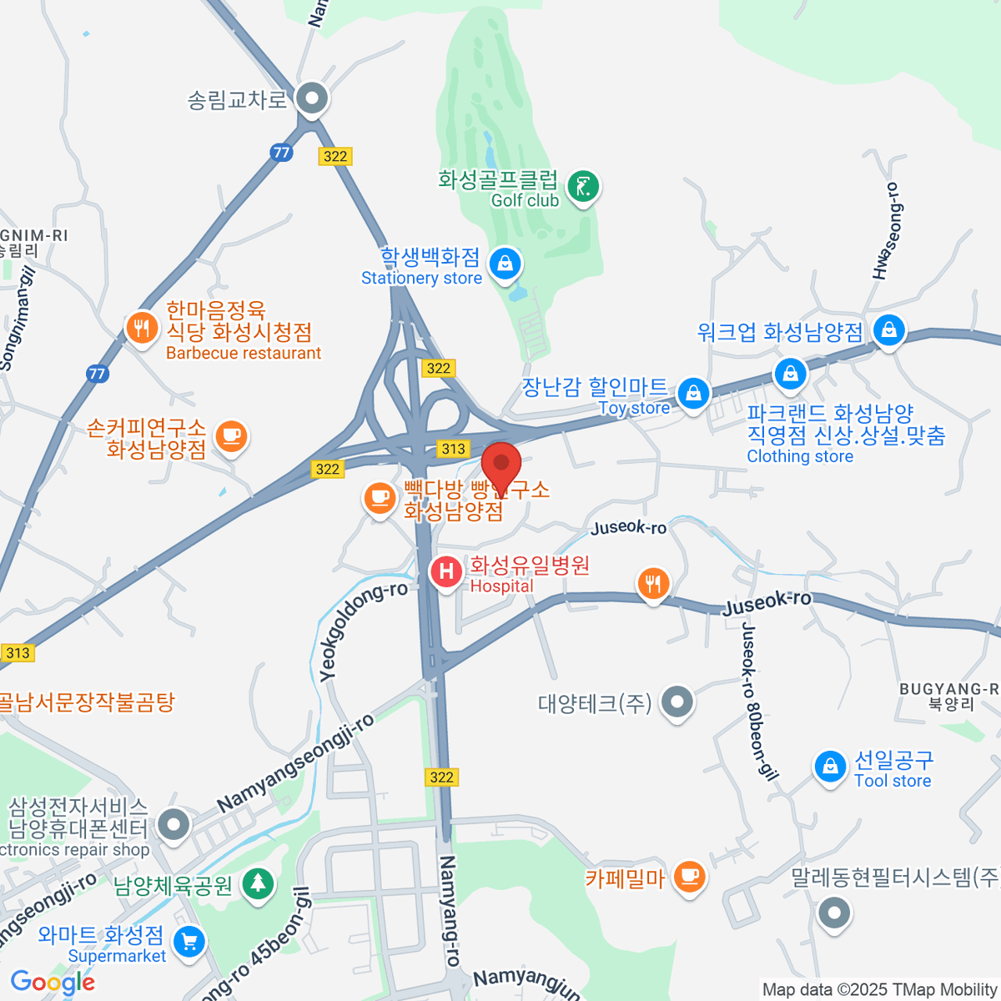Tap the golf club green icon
[583, 187]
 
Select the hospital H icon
[446, 572]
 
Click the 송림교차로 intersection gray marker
[313, 98]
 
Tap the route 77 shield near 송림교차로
[281, 152]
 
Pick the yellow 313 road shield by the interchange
[453, 449]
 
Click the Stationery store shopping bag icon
[505, 265]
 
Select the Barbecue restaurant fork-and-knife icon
[142, 329]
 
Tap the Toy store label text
[634, 408]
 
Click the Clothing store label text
[800, 456]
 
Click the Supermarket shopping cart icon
[189, 943]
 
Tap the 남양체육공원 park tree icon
[259, 883]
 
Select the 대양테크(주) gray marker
[677, 702]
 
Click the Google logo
[53, 982]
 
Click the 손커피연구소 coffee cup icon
[231, 435]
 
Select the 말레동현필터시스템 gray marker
[833, 912]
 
